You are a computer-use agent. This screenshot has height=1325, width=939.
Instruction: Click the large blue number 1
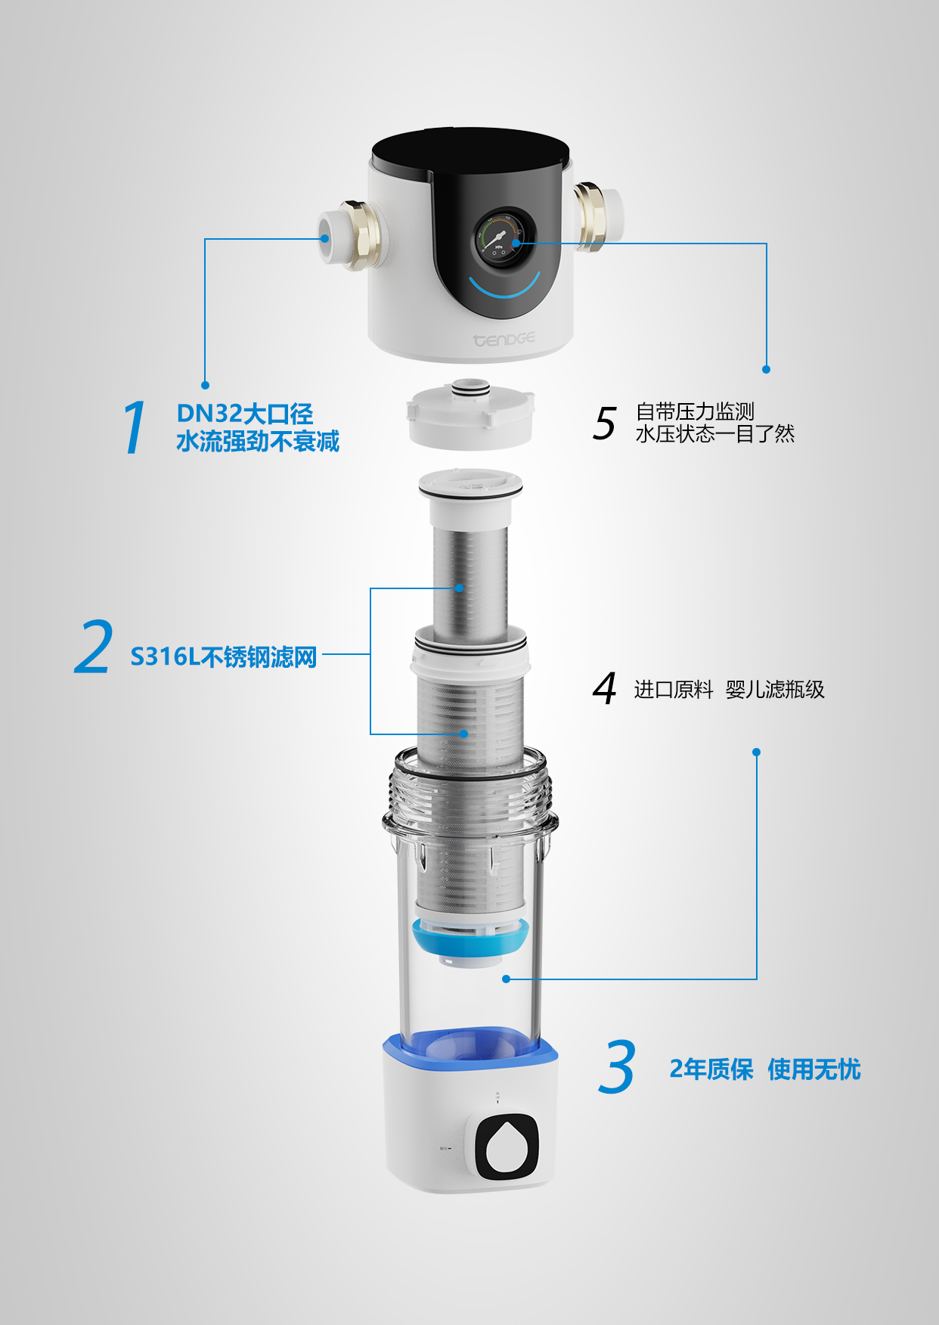(135, 428)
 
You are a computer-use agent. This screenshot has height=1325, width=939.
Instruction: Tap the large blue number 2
(95, 647)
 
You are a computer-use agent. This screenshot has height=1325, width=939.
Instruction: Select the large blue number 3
(616, 1067)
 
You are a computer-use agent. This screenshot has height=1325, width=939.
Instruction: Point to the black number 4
(605, 688)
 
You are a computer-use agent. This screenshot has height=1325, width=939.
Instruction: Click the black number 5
(605, 423)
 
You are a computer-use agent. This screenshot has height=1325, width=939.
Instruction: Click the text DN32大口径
(244, 414)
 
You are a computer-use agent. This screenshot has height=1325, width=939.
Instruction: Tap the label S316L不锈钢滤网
(223, 656)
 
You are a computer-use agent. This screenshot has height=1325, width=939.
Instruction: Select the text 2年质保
(711, 1069)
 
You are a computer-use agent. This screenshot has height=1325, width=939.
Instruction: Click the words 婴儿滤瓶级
(775, 690)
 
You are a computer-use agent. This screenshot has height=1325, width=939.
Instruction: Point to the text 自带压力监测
(695, 411)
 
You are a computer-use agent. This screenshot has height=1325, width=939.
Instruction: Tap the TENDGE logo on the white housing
(504, 340)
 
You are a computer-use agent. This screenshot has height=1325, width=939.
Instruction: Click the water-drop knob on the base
(507, 1147)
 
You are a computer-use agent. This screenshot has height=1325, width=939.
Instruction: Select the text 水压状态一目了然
(714, 434)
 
